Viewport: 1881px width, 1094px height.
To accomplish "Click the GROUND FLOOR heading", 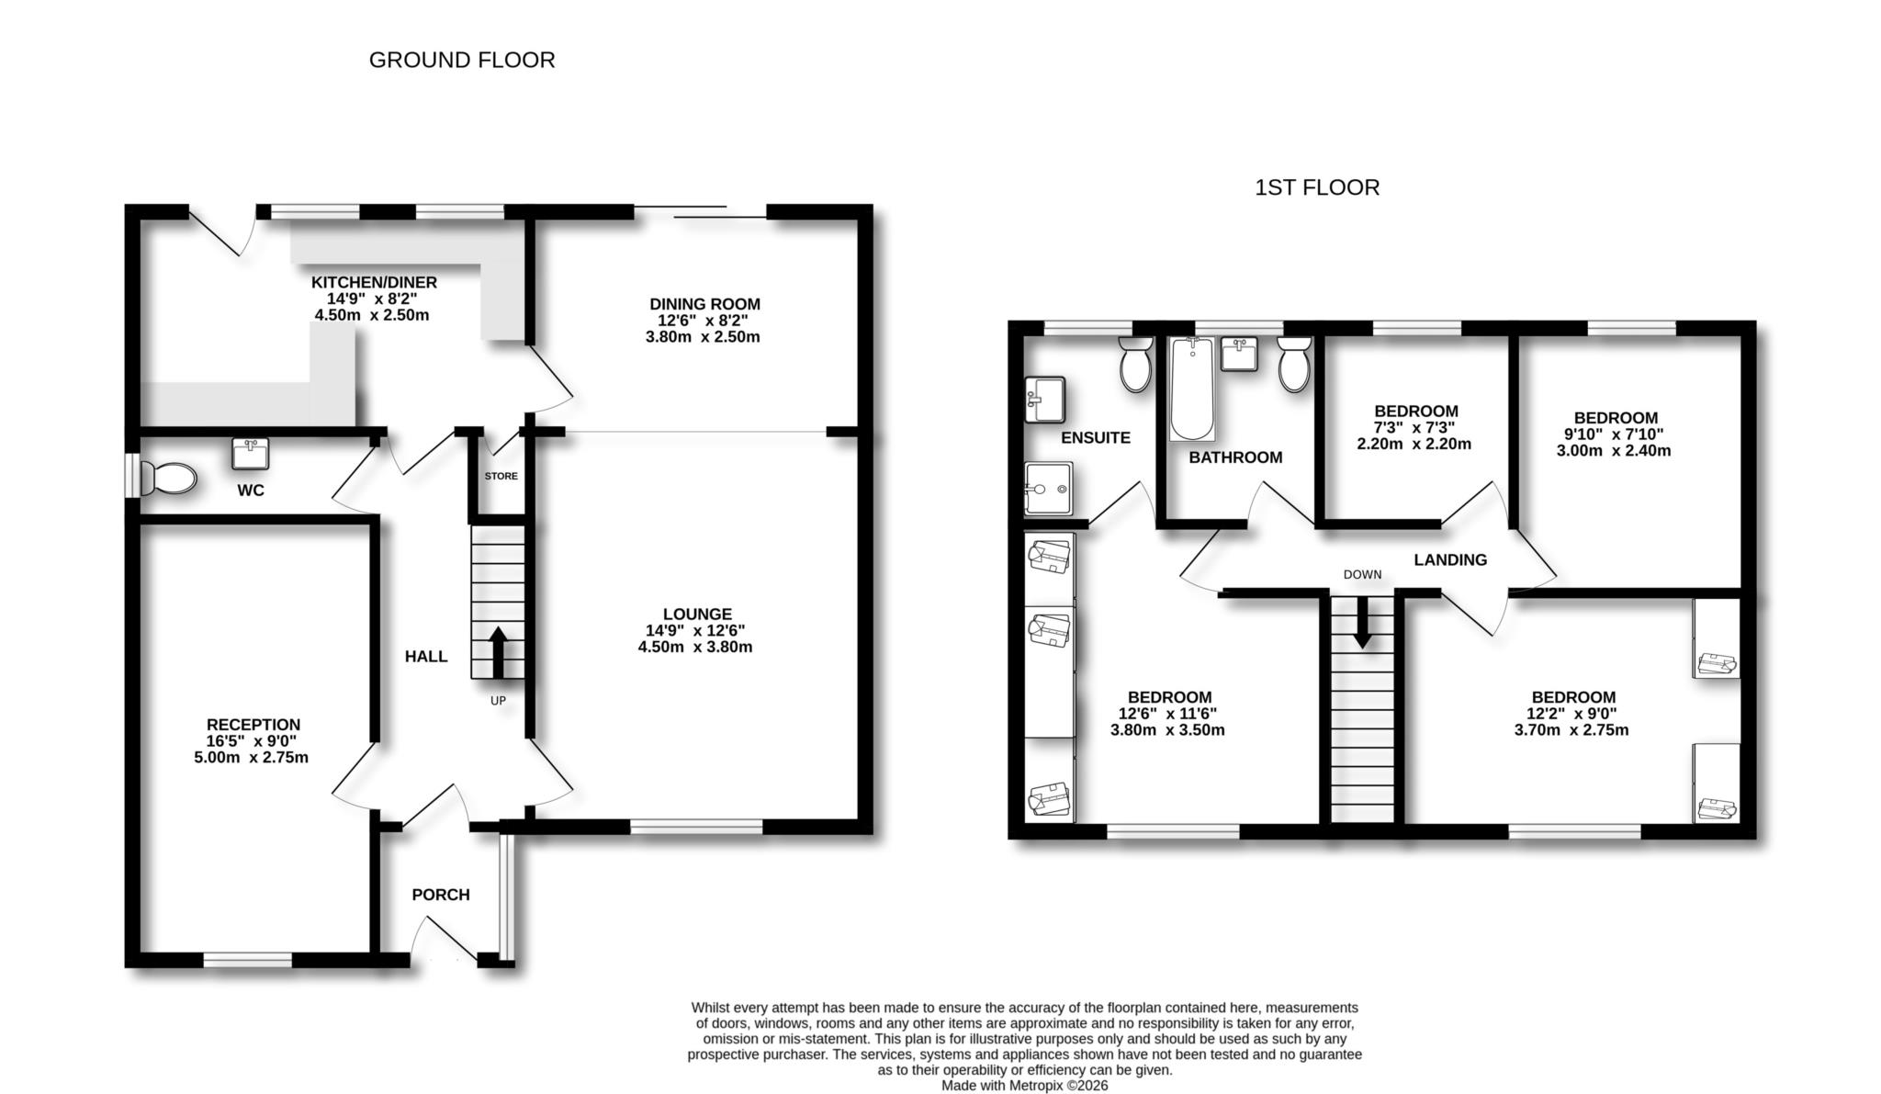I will coord(462,61).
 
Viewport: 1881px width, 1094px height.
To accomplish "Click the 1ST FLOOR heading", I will coord(1316,188).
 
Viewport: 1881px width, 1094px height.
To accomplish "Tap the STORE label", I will coord(501,476).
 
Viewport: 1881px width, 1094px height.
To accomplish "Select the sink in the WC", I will coord(250,453).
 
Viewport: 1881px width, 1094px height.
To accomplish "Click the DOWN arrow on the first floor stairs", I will coord(1362,623).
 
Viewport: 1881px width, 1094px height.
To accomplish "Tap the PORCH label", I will coord(440,895).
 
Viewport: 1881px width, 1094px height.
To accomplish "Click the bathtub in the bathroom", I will coord(1191,389).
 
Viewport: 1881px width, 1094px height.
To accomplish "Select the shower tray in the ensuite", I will coord(1048,488).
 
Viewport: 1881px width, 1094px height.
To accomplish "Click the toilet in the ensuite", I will coord(1136,366).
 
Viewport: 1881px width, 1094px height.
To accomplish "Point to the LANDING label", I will coord(1449,559).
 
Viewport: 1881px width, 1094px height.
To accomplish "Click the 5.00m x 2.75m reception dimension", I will coord(251,758).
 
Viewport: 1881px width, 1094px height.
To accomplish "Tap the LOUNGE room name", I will coord(697,615).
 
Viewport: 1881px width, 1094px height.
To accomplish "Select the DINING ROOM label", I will coord(704,304).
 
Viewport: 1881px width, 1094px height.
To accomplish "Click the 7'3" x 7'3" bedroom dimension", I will coord(1414,428).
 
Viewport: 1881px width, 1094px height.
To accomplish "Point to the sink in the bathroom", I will coord(1239,354).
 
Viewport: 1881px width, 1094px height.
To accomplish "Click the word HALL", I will coord(426,656).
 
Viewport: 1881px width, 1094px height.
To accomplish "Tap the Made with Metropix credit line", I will coord(1024,1085).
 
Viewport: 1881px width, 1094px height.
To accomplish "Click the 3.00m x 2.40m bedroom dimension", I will coord(1613,451).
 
